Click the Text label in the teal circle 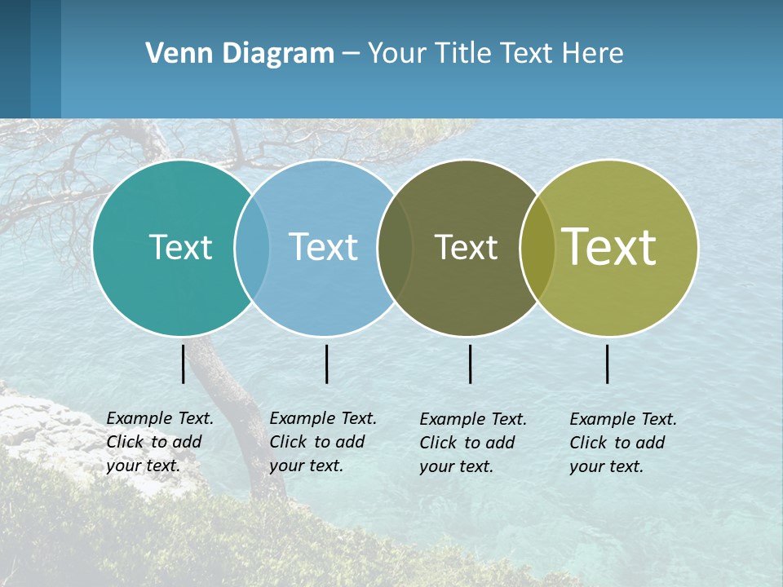180,247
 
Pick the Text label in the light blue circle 323,247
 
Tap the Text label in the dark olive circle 466,247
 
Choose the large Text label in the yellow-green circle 609,247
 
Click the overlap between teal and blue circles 252,247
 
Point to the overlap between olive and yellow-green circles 537,247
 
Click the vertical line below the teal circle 184,364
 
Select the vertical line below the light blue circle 326,364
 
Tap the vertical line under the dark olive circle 471,364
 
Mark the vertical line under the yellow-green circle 608,364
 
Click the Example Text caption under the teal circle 159,442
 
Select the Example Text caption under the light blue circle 322,442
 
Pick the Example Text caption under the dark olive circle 472,443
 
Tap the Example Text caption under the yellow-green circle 622,443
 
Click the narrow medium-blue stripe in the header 46,59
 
